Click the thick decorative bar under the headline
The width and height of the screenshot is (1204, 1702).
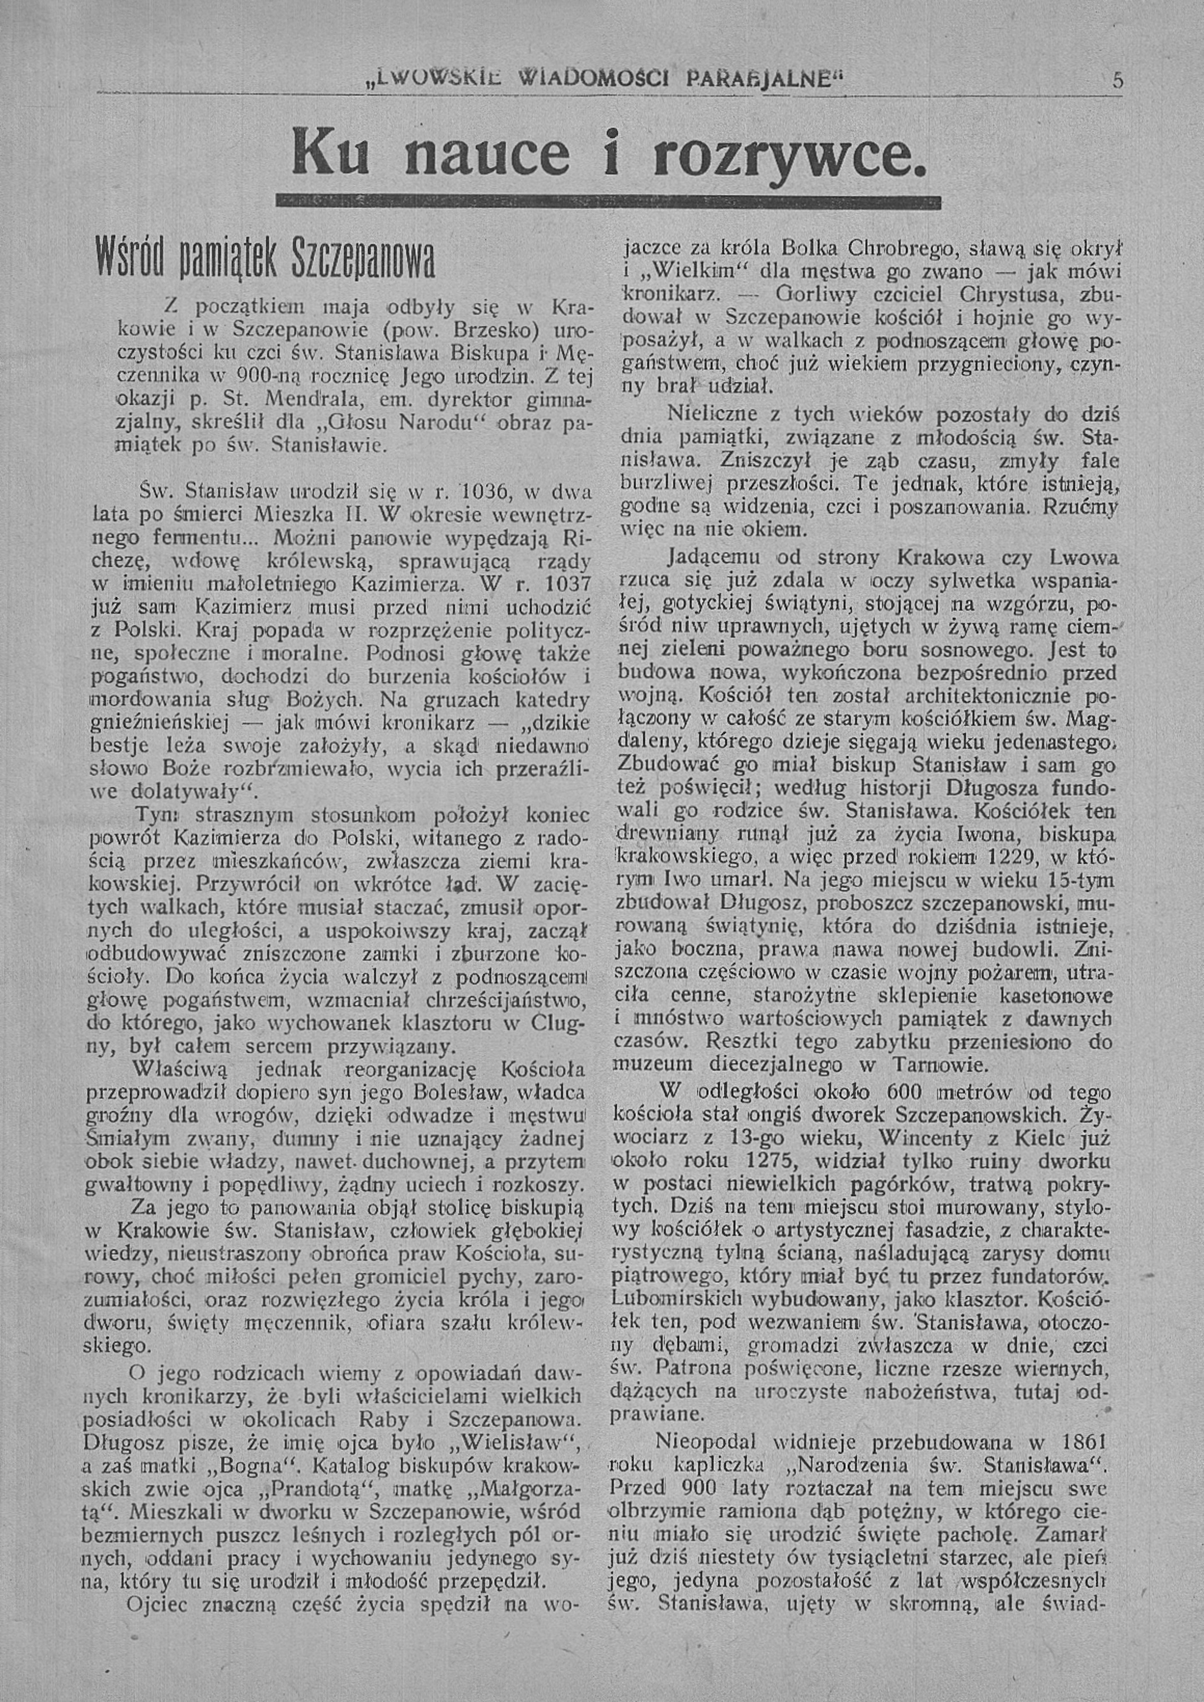tap(607, 203)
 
